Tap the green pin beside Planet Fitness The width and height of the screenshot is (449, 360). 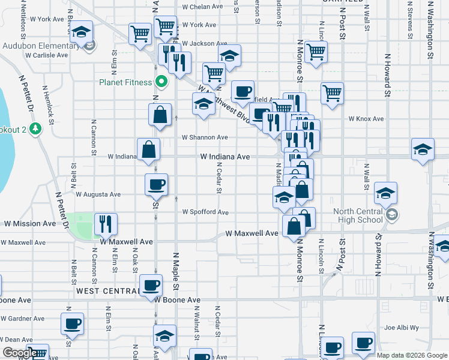click(x=161, y=82)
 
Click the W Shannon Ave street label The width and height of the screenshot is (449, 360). click(x=205, y=137)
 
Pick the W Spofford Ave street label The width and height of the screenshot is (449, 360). click(x=205, y=212)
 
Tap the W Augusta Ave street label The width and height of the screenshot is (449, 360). click(x=98, y=194)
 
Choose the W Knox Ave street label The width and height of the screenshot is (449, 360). click(x=367, y=119)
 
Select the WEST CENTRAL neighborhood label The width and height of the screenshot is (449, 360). click(x=107, y=291)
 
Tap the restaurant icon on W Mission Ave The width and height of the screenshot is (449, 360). click(x=106, y=224)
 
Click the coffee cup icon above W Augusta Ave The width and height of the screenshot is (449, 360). click(x=156, y=184)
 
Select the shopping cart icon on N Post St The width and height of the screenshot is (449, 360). click(x=332, y=93)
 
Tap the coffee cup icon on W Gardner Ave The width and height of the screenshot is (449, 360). click(x=72, y=323)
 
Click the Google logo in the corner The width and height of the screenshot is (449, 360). click(x=19, y=353)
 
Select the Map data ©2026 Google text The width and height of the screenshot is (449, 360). click(x=411, y=355)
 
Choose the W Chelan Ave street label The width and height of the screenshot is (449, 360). click(x=203, y=7)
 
